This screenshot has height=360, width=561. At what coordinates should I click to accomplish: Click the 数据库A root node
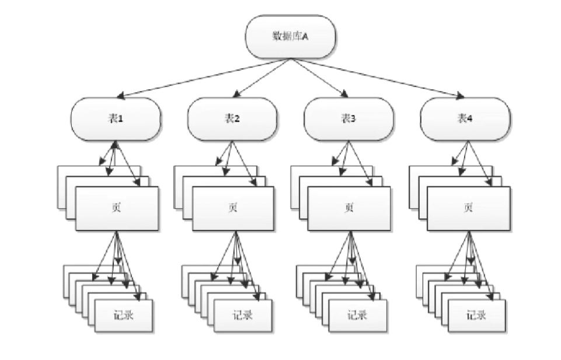291,37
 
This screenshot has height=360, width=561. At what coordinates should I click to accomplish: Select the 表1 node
115,118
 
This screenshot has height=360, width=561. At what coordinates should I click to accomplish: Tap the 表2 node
232,118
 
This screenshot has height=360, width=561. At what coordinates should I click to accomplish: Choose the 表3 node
349,118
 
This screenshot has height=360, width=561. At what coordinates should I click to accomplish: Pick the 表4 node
465,118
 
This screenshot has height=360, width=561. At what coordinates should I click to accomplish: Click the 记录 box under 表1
123,315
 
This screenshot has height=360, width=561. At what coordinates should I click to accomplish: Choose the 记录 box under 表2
242,315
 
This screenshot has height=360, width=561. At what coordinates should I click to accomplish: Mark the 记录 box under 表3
357,315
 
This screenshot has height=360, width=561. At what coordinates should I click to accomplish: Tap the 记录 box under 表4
476,315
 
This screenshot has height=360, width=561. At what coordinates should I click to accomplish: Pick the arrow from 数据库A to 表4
379,78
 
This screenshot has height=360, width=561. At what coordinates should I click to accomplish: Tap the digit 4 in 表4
469,118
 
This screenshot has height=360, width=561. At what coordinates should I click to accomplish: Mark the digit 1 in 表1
120,118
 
